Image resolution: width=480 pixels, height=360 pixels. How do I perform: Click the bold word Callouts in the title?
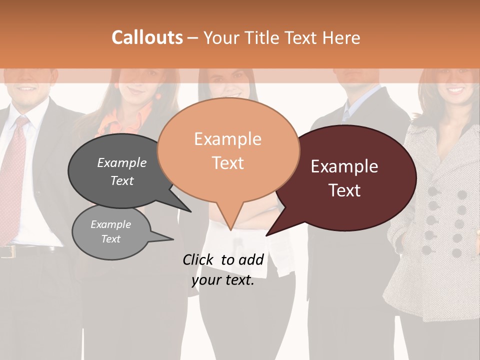(147, 37)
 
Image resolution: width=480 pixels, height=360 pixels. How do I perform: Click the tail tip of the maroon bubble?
(268, 234)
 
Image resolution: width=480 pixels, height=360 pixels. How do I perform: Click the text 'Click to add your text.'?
(223, 270)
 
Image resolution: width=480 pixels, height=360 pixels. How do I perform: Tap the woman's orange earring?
(158, 95)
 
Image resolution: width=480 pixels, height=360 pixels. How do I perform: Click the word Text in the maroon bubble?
(344, 190)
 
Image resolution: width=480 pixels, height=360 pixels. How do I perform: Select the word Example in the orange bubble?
(227, 139)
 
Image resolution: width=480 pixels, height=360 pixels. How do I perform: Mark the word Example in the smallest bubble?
(110, 224)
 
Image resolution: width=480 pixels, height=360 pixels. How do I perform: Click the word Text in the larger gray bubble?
(121, 180)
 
